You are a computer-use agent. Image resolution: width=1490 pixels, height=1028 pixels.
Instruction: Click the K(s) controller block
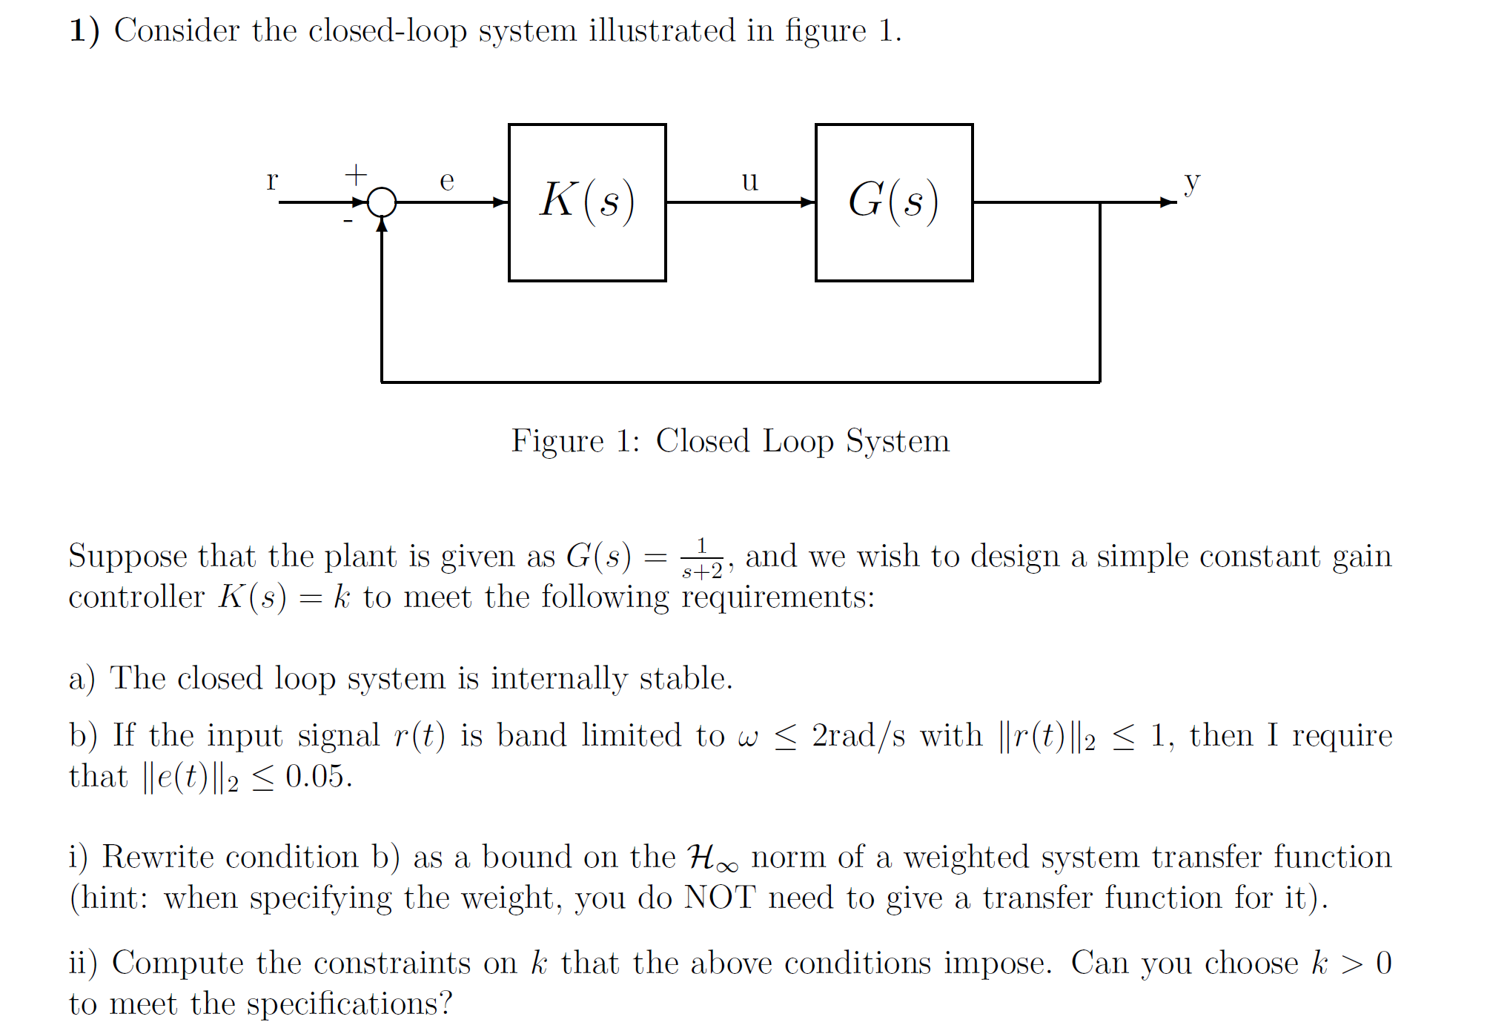coord(586,202)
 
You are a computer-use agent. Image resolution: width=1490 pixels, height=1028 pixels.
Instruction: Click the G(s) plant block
coord(893,202)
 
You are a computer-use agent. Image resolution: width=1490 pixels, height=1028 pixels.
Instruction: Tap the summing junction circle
coord(382,202)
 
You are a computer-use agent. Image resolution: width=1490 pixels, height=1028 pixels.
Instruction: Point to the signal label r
coord(272,180)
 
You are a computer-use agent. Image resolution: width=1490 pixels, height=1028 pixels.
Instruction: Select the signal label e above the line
coord(446,180)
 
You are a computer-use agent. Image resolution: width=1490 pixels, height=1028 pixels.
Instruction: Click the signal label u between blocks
coord(749,180)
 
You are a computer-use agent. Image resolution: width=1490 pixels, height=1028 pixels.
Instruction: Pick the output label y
coord(1191,181)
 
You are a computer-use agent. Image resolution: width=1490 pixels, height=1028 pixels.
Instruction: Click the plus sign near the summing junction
coord(356,175)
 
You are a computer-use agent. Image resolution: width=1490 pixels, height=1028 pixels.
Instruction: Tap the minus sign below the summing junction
coord(348,221)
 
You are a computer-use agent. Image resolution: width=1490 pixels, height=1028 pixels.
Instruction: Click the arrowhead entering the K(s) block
coord(501,202)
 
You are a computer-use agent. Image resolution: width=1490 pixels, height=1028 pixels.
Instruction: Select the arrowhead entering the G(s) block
coord(808,202)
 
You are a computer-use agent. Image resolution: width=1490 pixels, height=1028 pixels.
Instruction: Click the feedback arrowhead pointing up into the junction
coord(382,225)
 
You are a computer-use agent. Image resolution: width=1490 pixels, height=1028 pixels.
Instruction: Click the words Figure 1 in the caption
coord(575,441)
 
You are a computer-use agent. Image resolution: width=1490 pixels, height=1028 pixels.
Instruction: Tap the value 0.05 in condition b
coord(317,777)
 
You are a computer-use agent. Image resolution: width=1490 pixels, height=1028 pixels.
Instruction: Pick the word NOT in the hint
coord(719,898)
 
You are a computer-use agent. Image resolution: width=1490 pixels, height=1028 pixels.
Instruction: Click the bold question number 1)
coord(85,31)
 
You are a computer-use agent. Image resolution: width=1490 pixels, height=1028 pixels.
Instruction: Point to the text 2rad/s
coord(858,736)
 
